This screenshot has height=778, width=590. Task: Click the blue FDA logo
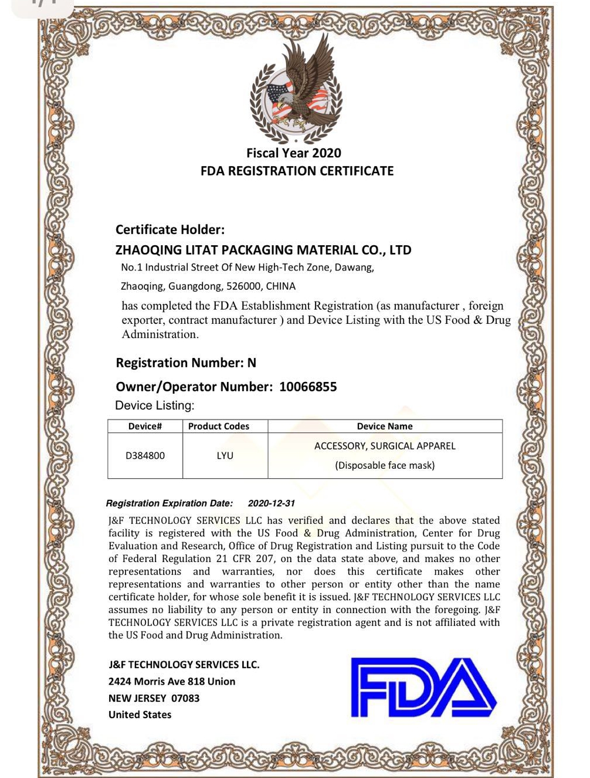point(423,688)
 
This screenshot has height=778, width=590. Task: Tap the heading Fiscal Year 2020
point(294,153)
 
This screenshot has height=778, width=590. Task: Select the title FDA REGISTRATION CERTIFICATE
point(297,171)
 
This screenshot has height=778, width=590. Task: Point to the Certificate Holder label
point(170,229)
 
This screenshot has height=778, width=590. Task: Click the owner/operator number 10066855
point(308,387)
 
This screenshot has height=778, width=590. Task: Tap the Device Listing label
point(155,405)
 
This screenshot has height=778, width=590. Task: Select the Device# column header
point(145,427)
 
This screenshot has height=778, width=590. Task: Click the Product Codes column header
point(219,427)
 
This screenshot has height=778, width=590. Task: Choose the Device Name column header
point(385,427)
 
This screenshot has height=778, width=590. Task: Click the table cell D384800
point(145,455)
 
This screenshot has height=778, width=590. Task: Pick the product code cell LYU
point(225,455)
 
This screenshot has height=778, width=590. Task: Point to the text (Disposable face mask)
point(385,465)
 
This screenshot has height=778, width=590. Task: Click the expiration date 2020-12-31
point(272,503)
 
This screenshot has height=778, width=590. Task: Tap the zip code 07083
point(185,698)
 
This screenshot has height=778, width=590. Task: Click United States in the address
point(140,715)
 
